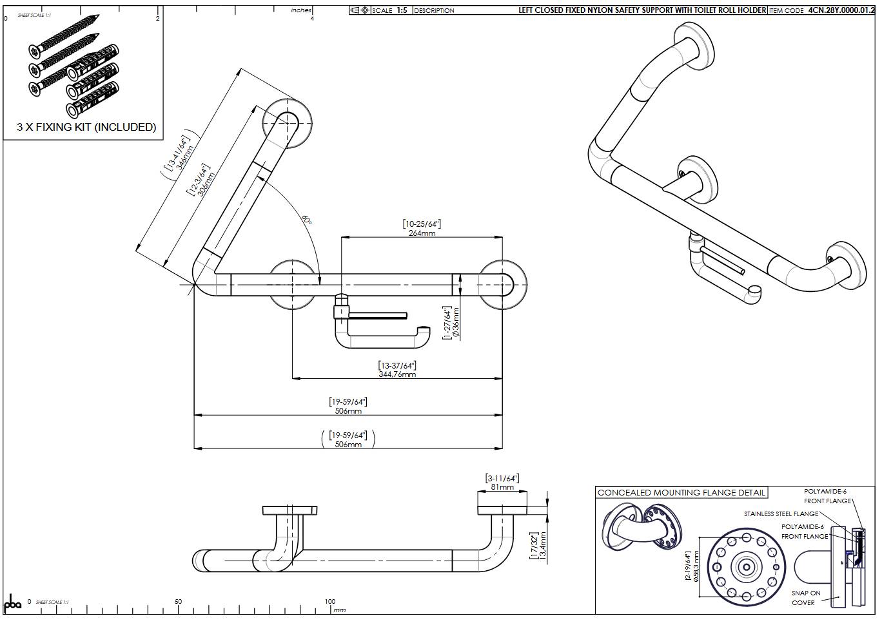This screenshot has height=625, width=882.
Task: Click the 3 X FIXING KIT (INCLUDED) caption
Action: tap(86, 127)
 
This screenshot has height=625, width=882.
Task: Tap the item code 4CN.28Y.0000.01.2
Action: tap(841, 10)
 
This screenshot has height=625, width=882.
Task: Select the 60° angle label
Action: tap(307, 219)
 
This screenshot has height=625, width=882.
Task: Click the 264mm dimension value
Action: tap(422, 233)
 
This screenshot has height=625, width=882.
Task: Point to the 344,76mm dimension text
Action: tap(397, 374)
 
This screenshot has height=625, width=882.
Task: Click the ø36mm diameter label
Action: tap(456, 322)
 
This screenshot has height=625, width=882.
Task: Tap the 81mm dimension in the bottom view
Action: tap(502, 487)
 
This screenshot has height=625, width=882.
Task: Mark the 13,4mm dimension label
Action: tap(543, 545)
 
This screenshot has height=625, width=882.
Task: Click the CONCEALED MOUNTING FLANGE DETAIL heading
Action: tap(681, 493)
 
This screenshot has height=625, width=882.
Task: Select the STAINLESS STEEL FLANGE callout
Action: tap(781, 514)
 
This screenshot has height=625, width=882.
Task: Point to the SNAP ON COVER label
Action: tap(805, 598)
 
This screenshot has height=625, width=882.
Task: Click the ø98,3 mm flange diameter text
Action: tap(696, 566)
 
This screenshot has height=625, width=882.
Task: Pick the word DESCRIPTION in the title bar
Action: tap(434, 10)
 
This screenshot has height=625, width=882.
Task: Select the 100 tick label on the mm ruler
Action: tap(330, 602)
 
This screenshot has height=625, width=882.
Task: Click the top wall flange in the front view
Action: tap(288, 122)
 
